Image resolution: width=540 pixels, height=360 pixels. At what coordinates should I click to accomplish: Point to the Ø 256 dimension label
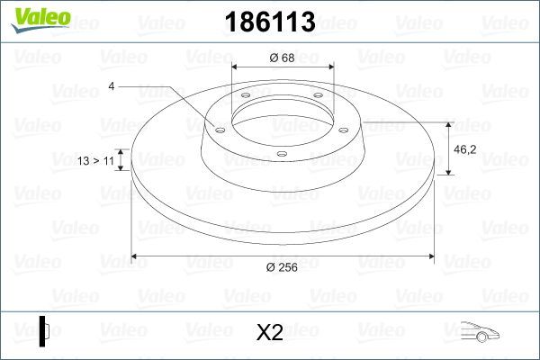click(x=283, y=267)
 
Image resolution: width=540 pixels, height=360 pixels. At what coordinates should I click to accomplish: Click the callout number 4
click(x=111, y=86)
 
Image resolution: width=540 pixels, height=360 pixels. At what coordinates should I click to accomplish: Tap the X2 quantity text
click(x=270, y=332)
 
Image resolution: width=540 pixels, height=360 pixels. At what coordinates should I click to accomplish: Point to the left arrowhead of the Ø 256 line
click(x=135, y=256)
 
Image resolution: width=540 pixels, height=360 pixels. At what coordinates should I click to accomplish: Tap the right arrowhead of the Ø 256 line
click(x=437, y=256)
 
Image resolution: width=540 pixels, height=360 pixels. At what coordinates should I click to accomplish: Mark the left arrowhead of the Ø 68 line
click(x=236, y=67)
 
